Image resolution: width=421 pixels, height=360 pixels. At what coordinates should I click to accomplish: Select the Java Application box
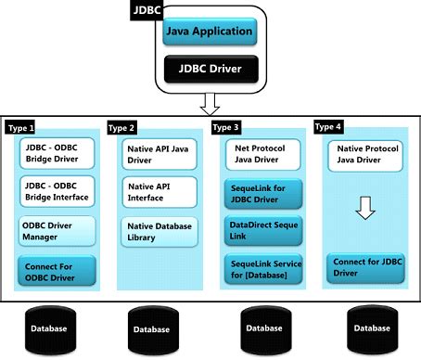click(209, 32)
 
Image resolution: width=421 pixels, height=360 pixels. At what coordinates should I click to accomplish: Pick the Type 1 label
click(20, 127)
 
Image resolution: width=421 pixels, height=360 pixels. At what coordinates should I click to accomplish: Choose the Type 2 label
click(122, 127)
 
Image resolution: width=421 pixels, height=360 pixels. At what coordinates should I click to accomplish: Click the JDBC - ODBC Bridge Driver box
click(57, 155)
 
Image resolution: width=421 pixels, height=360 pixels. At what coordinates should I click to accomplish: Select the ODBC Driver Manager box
click(57, 230)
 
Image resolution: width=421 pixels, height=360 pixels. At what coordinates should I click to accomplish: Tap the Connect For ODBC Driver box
click(57, 272)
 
